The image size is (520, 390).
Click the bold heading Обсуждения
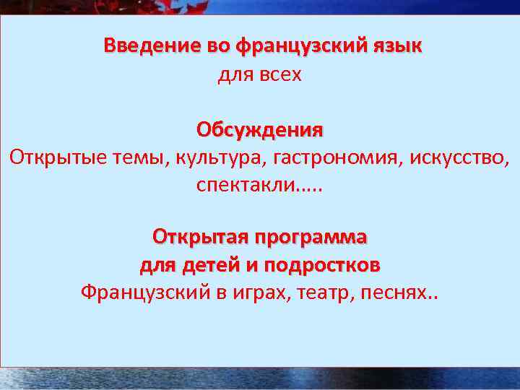[x=260, y=130]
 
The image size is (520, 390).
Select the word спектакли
[x=246, y=186]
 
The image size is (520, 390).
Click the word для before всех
[x=233, y=74]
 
